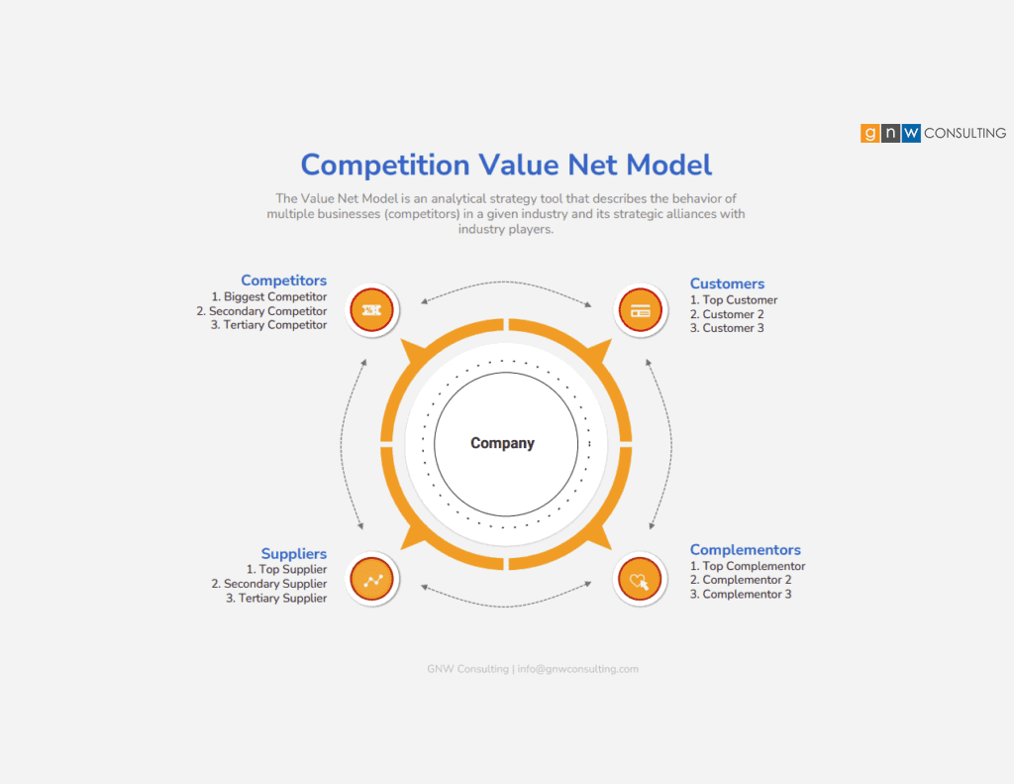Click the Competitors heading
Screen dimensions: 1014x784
point(283,280)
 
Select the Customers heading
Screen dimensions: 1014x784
point(727,283)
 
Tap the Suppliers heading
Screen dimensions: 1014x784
point(293,553)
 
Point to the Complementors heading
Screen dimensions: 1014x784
point(745,550)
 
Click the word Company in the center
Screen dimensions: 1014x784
point(502,443)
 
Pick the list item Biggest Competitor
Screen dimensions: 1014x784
point(268,296)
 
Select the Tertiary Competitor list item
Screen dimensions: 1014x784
point(268,325)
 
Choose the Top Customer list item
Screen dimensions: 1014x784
point(734,299)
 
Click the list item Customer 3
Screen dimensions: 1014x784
point(727,328)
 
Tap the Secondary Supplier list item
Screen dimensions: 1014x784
point(268,584)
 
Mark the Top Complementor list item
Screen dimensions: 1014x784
point(748,566)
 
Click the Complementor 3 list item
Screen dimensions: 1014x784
point(741,595)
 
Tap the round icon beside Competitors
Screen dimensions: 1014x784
point(371,310)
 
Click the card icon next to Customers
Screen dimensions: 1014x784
point(641,310)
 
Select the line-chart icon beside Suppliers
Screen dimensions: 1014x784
point(371,580)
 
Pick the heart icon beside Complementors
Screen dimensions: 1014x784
point(640,580)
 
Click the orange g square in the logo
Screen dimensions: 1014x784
point(869,134)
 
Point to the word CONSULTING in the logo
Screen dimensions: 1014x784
point(964,134)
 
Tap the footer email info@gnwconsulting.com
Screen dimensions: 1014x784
point(577,669)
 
